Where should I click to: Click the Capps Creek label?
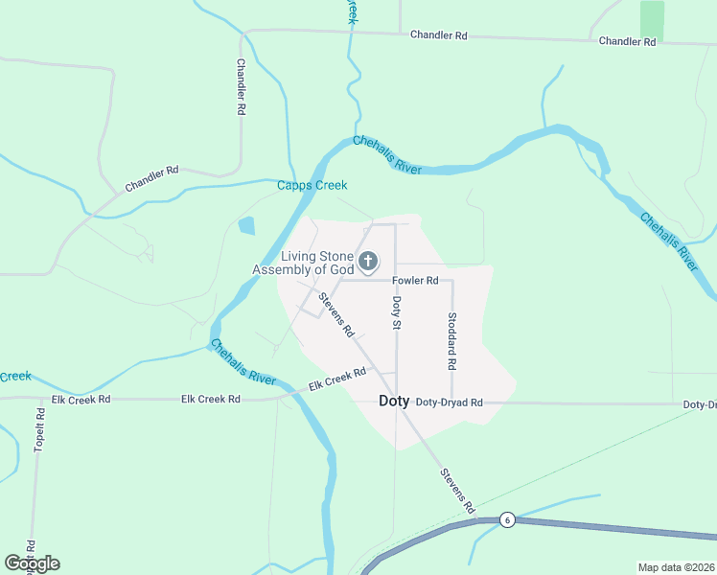tap(312, 185)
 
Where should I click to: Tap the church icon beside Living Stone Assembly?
tap(367, 261)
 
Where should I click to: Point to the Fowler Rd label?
tap(415, 281)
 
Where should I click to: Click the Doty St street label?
tap(396, 313)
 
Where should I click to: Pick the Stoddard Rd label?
tap(451, 341)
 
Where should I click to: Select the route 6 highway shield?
tap(507, 519)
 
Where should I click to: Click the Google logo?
tap(32, 563)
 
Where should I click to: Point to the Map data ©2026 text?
tap(676, 567)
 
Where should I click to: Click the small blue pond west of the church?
tap(246, 226)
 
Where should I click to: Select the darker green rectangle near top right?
tap(652, 20)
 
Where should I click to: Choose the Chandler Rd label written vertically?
tap(241, 87)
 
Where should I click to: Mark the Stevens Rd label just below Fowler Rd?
tap(337, 315)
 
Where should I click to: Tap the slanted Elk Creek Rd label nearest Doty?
tap(337, 379)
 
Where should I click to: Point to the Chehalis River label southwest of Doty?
tap(243, 361)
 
